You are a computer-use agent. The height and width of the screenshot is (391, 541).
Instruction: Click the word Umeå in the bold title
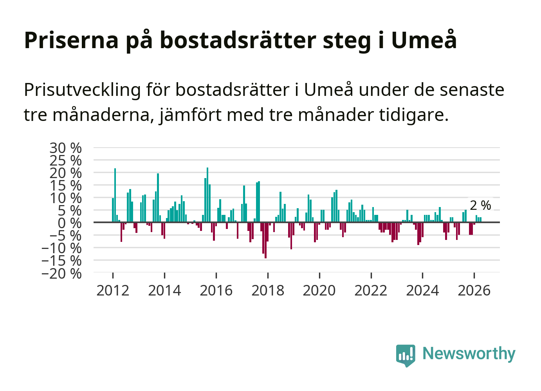tap(424, 40)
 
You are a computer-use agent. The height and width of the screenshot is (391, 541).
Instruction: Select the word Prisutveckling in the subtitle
tap(82, 90)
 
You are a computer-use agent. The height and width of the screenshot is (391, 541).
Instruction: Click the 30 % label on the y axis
tap(65, 148)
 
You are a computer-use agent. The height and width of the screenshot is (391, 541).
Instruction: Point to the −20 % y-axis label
tap(61, 274)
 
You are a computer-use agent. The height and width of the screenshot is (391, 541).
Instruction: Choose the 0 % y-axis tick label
tap(70, 223)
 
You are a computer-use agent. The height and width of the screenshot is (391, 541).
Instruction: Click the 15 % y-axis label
tap(65, 186)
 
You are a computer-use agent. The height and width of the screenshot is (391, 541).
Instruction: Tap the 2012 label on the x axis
tap(113, 290)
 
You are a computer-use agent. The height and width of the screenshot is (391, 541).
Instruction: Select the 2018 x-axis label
tap(268, 290)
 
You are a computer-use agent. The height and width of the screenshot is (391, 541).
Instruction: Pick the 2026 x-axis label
tap(474, 290)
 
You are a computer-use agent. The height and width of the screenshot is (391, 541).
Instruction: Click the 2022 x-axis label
tap(371, 290)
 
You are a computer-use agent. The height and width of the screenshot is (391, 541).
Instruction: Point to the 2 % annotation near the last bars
tap(480, 205)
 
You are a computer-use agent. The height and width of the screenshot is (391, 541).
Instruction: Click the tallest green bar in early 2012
tap(115, 195)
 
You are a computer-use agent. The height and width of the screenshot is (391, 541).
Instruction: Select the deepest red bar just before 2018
tap(266, 240)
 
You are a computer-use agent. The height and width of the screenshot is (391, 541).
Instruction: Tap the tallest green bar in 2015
tap(207, 195)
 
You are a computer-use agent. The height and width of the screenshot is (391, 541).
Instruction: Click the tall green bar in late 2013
tap(158, 198)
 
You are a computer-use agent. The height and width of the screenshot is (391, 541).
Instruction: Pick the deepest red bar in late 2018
tap(291, 236)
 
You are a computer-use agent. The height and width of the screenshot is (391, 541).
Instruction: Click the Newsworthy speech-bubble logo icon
tap(406, 355)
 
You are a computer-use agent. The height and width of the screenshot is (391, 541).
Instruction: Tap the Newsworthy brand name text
tap(469, 353)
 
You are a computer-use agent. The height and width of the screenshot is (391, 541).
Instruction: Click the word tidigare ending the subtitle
tap(414, 115)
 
